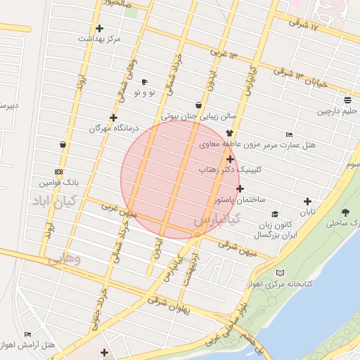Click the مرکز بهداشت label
99,38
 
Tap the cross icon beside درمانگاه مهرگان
113,117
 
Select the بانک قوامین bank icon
58,172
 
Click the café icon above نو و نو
145,82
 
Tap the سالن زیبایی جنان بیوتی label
189,117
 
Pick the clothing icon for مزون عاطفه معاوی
229,133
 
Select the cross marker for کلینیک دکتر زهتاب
231,160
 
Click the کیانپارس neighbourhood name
217,221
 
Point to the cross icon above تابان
307,201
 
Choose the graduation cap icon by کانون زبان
275,214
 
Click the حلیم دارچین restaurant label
337,111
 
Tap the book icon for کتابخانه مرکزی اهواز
281,272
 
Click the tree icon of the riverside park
345,212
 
